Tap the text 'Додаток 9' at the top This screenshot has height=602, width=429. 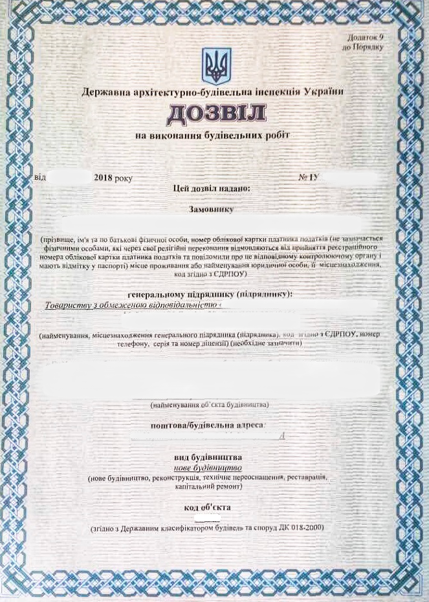coord(366,38)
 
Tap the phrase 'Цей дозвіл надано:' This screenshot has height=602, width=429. coord(212,188)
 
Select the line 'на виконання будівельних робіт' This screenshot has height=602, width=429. coord(212,136)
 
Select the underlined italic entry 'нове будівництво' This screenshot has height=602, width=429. coord(208,467)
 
